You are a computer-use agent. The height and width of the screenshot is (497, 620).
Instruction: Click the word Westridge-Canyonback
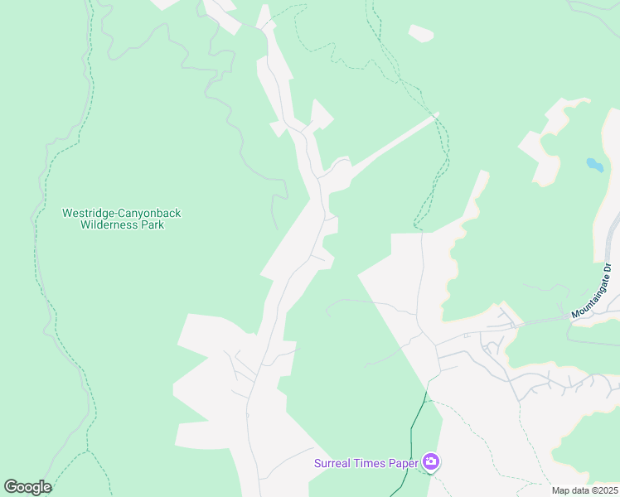[x=121, y=213]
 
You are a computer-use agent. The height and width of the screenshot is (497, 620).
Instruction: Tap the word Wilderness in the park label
[x=111, y=224]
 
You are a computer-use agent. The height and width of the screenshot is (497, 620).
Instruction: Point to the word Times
[x=368, y=463]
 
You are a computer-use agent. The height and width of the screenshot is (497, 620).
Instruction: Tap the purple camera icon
[x=430, y=461]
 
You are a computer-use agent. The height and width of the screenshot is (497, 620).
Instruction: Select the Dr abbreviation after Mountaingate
[x=608, y=268]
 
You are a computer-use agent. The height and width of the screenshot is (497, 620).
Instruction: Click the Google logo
[x=27, y=487]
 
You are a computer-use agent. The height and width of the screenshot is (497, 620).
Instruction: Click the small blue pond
[x=594, y=164]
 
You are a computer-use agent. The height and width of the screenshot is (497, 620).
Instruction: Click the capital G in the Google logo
[x=11, y=487]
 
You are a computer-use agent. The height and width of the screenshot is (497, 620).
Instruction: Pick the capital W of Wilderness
[x=85, y=224]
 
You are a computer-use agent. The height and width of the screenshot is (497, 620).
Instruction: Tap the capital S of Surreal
[x=317, y=463]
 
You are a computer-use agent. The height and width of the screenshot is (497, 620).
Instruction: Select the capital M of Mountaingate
[x=574, y=315]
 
